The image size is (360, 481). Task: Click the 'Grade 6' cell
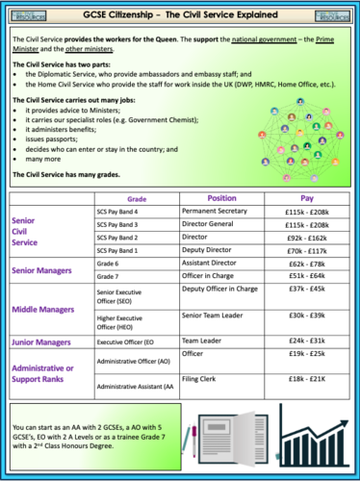[111, 263]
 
